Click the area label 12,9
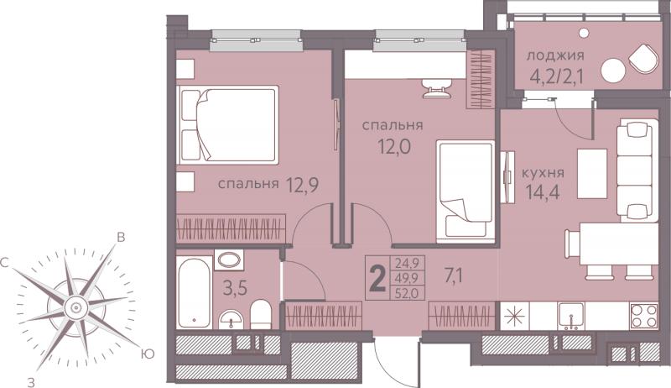(x=302, y=185)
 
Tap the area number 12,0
(x=394, y=147)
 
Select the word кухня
(x=543, y=173)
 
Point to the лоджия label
(x=555, y=55)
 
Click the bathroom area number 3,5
(x=235, y=288)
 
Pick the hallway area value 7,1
(x=454, y=276)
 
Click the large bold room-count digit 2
(x=377, y=278)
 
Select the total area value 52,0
(x=403, y=294)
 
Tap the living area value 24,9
(x=403, y=262)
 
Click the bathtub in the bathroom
(x=195, y=292)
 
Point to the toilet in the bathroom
(x=261, y=314)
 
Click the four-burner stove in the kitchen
(x=643, y=316)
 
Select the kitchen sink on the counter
(x=571, y=316)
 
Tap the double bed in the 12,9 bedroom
(x=228, y=124)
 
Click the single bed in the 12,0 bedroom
(x=466, y=191)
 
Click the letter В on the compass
(x=121, y=238)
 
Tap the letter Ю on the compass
(x=148, y=354)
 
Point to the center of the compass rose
(x=76, y=307)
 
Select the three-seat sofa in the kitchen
(x=637, y=170)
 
